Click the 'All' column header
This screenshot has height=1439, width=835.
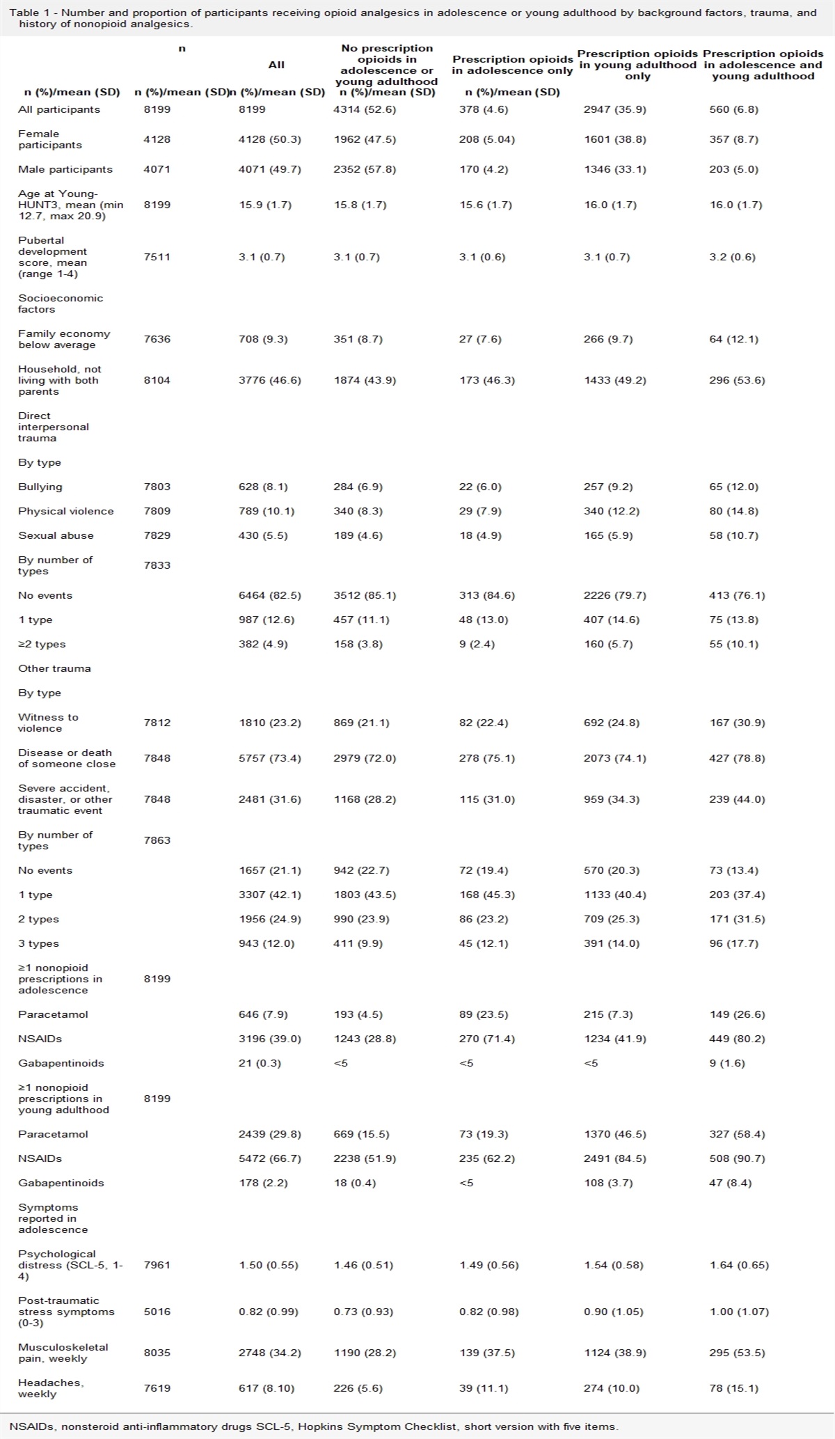(x=276, y=65)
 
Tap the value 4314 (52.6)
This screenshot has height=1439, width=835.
(x=365, y=109)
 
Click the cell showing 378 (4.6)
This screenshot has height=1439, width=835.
(x=484, y=109)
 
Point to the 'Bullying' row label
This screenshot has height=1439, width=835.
(x=40, y=487)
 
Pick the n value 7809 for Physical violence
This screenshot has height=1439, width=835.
(x=157, y=511)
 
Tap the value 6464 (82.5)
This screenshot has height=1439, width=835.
(x=269, y=595)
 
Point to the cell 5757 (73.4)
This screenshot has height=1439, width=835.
(x=269, y=758)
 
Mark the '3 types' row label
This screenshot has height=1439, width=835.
(x=38, y=943)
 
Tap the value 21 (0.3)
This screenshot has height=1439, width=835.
(x=260, y=1063)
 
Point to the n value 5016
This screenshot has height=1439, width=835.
(x=157, y=1312)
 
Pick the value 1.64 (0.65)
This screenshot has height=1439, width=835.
(x=739, y=1265)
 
